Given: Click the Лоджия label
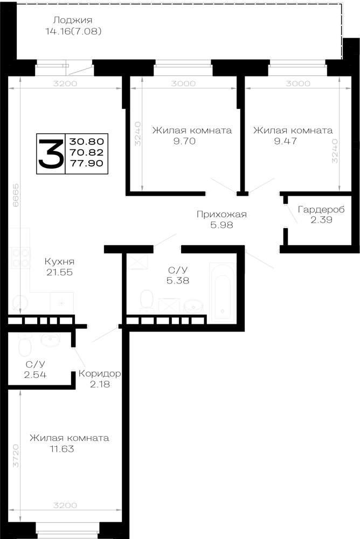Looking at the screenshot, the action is coord(73,20).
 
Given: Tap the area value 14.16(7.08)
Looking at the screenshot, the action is coord(73,32).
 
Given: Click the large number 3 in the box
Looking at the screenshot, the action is coord(51,153).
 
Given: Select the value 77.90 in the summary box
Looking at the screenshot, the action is coord(87,163).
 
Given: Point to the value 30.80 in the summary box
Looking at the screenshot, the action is coord(87,141).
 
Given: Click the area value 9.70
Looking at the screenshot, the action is coord(184,141).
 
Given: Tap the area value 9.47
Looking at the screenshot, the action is coord(286,141).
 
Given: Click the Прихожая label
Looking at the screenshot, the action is coord(222,215).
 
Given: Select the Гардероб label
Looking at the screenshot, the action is coord(321,209).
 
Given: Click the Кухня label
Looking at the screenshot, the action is coord(59,261).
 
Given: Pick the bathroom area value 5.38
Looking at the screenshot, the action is coord(178,280).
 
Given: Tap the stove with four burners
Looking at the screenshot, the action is coord(20,258).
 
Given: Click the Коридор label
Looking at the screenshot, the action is coord(100,374).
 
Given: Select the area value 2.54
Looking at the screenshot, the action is coord(35,375).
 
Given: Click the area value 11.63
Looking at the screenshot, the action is coord(62,449).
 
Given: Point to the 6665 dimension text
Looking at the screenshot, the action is coord(16,195).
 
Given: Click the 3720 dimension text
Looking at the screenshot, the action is coord(16,455).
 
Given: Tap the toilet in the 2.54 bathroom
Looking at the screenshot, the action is coord(25,345).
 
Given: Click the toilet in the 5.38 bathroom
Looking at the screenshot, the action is coord(147,300).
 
